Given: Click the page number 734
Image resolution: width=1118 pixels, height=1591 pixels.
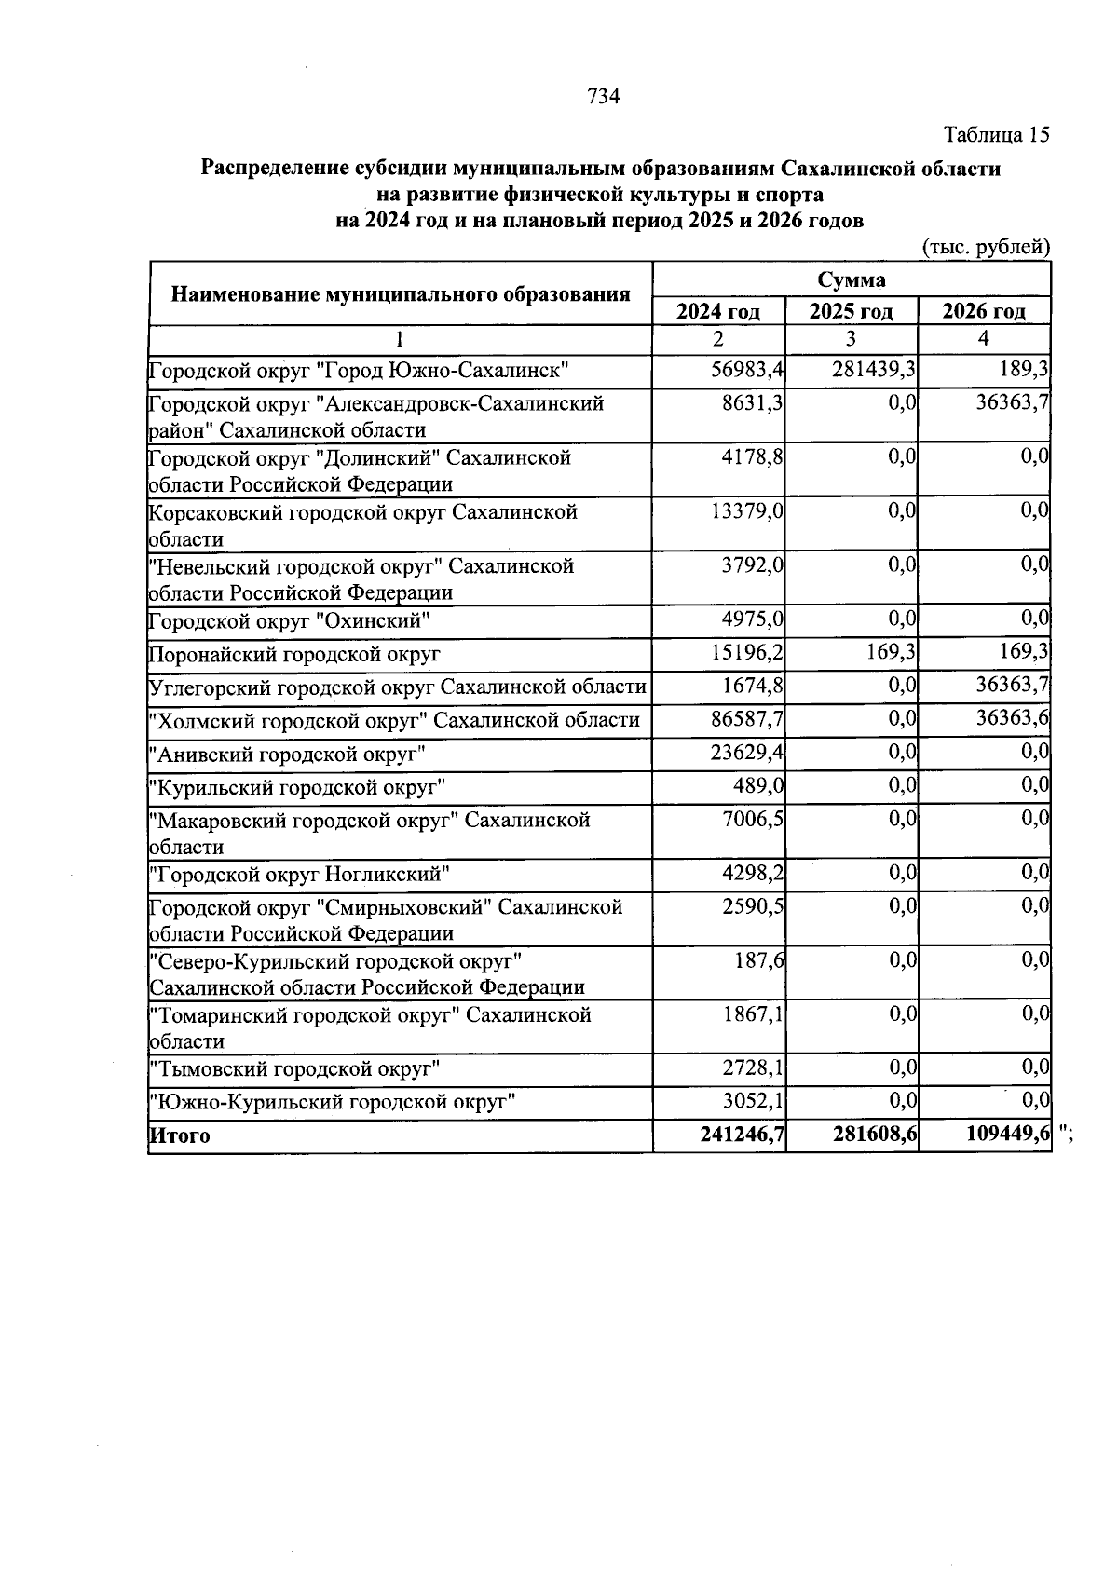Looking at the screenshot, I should click(604, 96).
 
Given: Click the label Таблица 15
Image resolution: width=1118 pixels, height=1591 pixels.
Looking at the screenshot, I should click(997, 135).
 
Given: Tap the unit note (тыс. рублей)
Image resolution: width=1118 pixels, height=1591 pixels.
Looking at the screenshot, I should click(986, 248).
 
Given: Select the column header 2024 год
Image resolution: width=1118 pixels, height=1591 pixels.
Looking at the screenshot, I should click(717, 311).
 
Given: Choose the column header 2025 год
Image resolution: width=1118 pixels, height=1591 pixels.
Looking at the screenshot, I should click(851, 311).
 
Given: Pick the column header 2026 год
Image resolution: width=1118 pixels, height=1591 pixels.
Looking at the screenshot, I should click(984, 311).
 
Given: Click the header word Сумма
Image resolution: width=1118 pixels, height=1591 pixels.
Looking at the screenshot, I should click(852, 280).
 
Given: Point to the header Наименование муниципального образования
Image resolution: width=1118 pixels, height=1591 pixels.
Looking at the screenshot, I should click(401, 295).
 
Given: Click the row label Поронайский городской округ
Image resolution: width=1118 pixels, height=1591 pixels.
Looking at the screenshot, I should click(295, 655).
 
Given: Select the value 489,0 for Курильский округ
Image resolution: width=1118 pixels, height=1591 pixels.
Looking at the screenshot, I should click(758, 787).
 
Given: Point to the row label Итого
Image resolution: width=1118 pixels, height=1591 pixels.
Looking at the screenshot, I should click(180, 1135).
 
